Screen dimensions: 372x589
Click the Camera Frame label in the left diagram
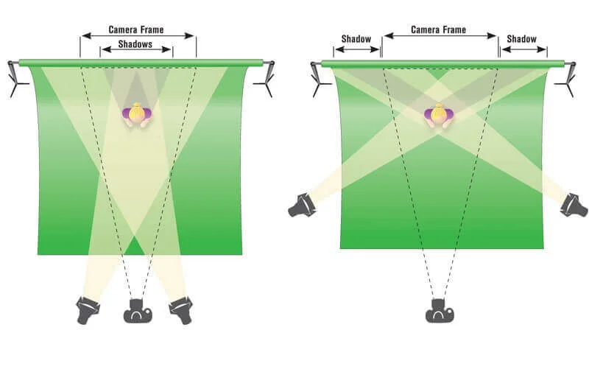click(x=136, y=30)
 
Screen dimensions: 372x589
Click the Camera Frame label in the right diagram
click(x=439, y=30)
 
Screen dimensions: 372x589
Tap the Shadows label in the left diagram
click(x=135, y=44)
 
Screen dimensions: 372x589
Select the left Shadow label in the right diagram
click(x=356, y=39)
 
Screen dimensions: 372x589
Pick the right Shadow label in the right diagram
click(x=521, y=39)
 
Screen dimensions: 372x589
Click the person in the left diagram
click(x=136, y=115)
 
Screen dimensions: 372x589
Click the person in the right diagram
click(x=439, y=115)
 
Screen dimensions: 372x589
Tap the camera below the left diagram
click(x=138, y=312)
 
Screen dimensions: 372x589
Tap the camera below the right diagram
click(x=440, y=312)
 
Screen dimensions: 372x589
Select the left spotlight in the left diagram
click(x=88, y=309)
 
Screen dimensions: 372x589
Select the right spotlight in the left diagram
click(x=180, y=309)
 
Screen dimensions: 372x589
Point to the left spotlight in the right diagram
click(x=301, y=205)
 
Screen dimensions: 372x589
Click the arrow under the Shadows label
click(x=136, y=52)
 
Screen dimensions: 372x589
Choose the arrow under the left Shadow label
click(x=357, y=51)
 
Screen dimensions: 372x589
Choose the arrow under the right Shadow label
click(x=523, y=51)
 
